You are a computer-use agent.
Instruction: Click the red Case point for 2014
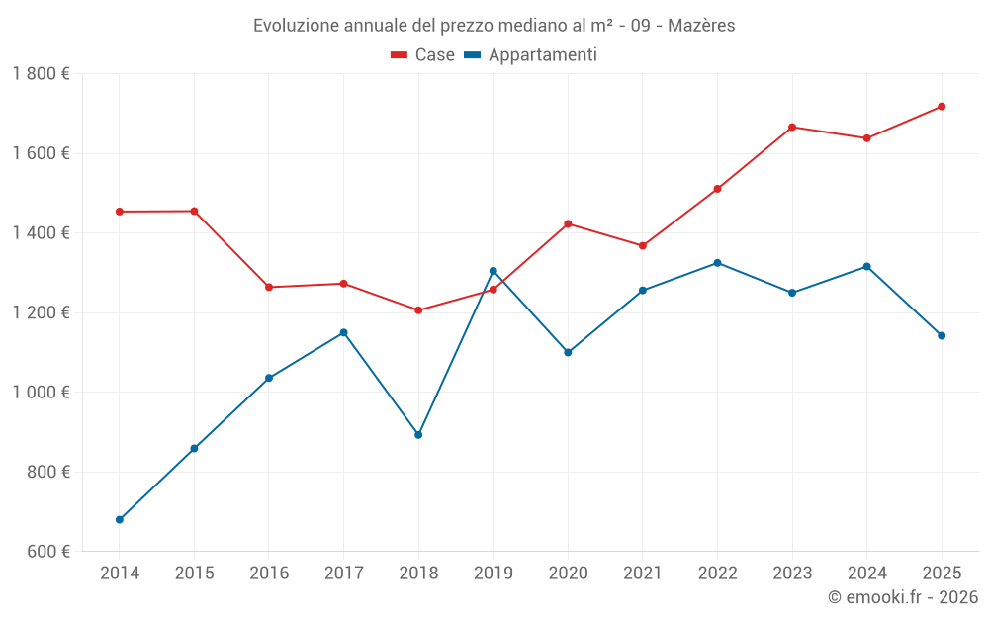[x=120, y=212]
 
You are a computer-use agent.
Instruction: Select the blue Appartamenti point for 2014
[x=120, y=519]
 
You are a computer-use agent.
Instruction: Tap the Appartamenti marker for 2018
[x=418, y=435]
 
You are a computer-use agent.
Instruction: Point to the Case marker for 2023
[x=792, y=127]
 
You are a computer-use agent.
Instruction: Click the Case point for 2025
[x=942, y=107]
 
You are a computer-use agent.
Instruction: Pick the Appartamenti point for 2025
[x=942, y=336]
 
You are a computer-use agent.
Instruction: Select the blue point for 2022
[x=717, y=263]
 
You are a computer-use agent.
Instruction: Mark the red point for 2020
[x=568, y=223]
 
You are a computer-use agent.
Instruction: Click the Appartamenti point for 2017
[x=343, y=332]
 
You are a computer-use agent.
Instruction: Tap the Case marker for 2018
[x=418, y=310]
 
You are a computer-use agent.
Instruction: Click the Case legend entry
[x=423, y=55]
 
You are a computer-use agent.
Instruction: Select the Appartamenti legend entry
[x=531, y=55]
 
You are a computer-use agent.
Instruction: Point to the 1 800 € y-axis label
[x=41, y=74]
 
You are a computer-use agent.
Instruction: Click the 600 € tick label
[x=47, y=552]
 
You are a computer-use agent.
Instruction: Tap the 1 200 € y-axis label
[x=41, y=312]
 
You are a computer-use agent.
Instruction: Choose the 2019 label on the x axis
[x=493, y=574]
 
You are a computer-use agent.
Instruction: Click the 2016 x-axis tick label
[x=269, y=574]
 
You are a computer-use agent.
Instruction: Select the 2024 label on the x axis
[x=866, y=574]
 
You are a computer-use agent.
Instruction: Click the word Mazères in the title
[x=701, y=26]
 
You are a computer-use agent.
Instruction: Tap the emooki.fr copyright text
[x=903, y=597]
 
